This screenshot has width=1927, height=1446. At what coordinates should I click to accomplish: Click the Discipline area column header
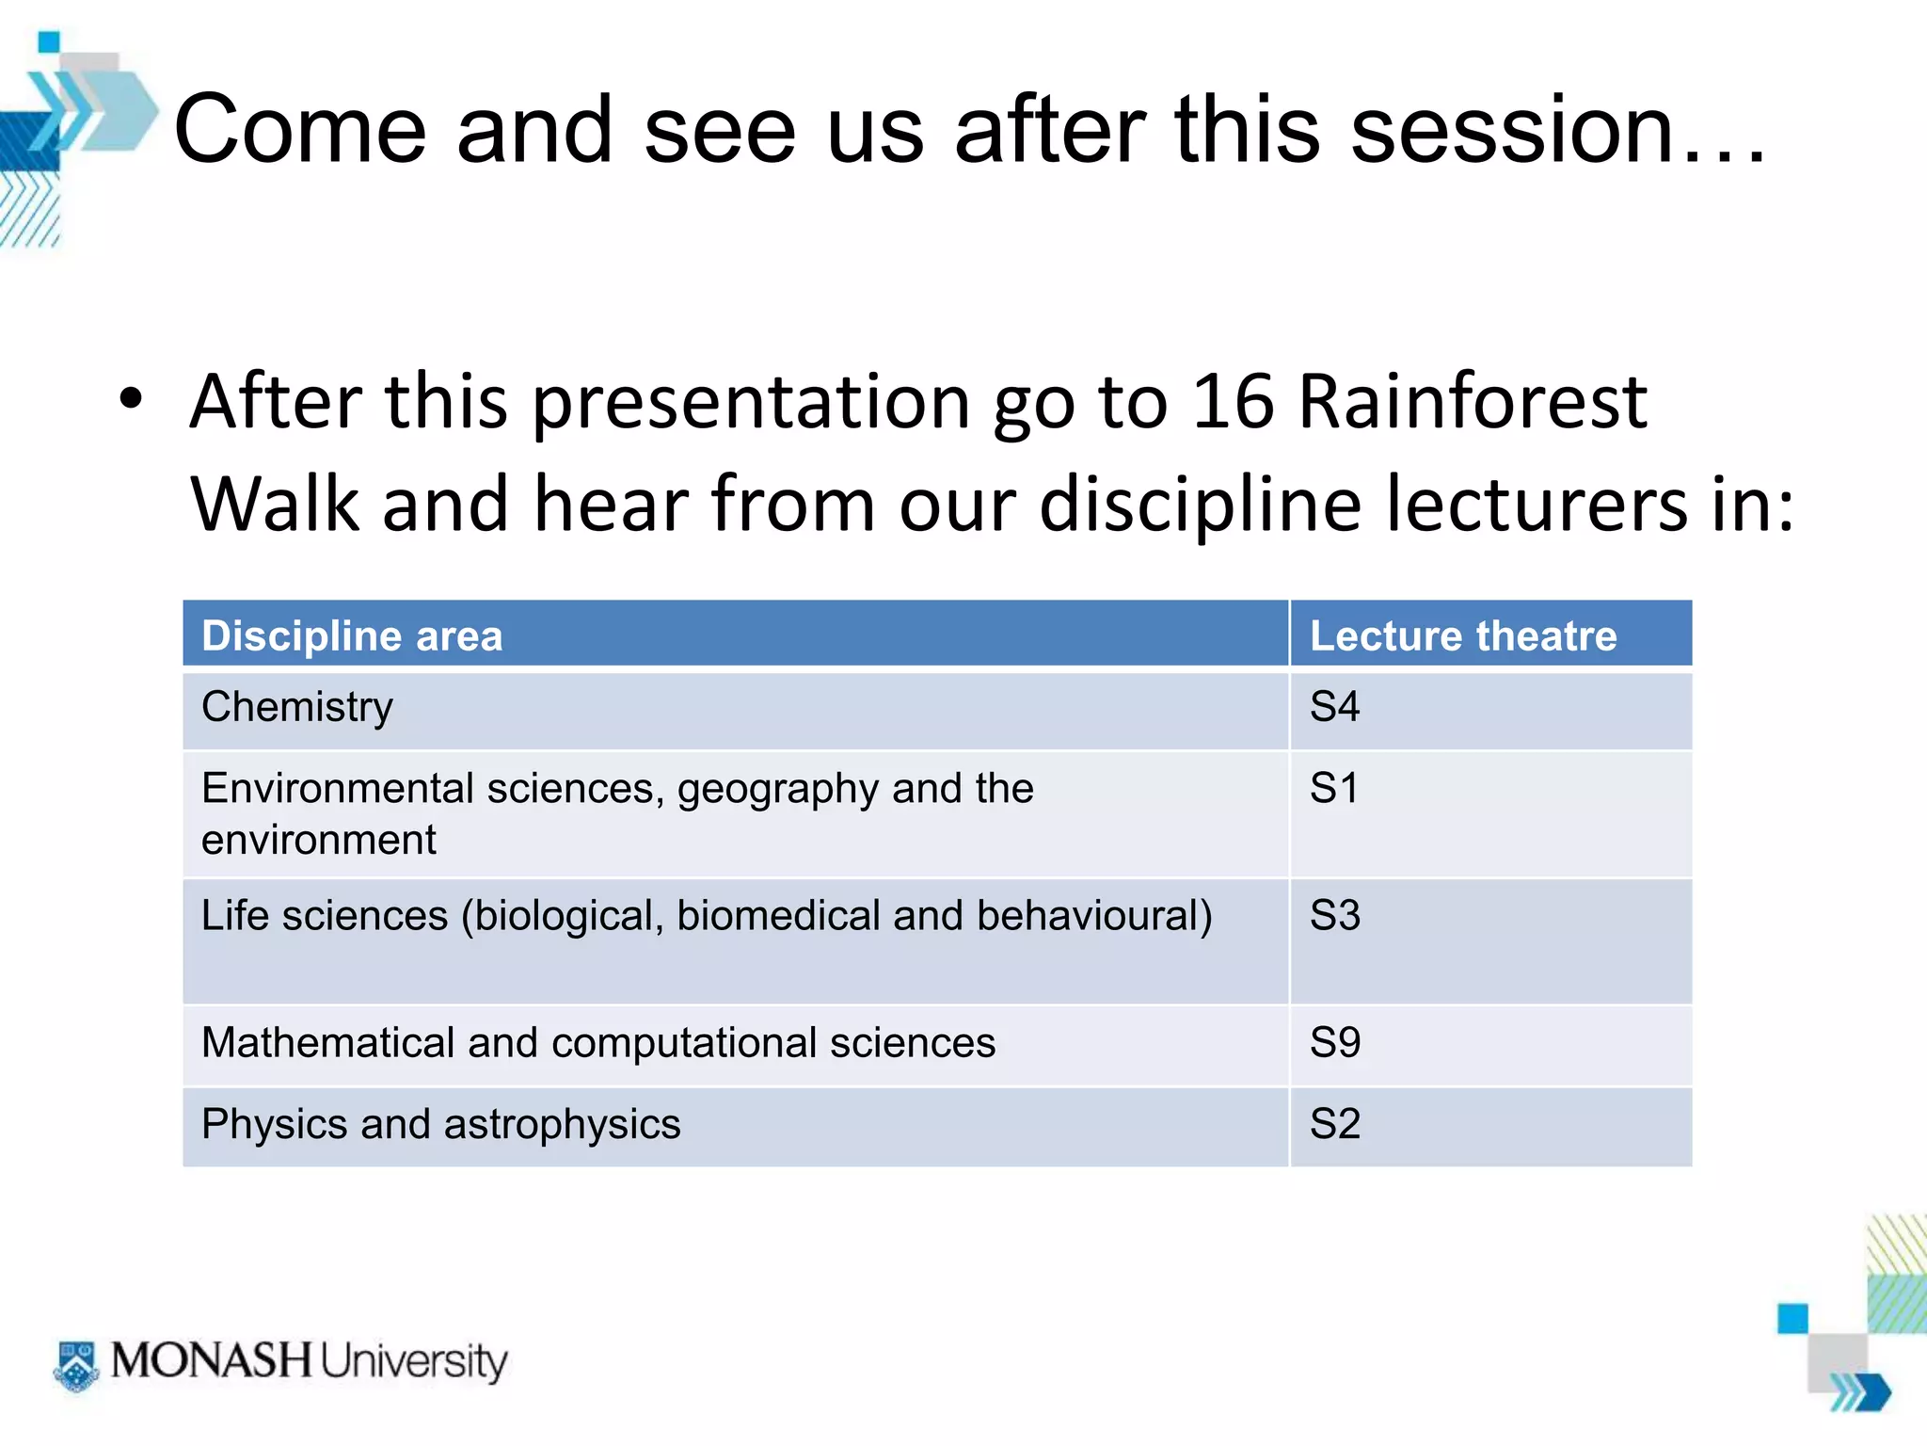point(352,636)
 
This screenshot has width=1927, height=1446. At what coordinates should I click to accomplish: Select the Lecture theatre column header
point(1463,636)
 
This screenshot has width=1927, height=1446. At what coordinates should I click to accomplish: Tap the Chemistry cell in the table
point(297,708)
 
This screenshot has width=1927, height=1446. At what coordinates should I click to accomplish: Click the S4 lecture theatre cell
point(1334,708)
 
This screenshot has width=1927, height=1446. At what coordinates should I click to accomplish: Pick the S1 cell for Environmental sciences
point(1334,789)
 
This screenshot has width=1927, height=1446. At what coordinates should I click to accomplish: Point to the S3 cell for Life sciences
point(1334,916)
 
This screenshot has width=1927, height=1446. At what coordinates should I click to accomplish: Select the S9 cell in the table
point(1334,1043)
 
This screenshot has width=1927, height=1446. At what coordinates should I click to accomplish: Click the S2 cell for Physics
point(1334,1124)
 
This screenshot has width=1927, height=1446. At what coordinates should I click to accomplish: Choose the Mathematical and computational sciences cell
point(598,1043)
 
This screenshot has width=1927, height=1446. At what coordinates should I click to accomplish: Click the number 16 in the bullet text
point(1234,403)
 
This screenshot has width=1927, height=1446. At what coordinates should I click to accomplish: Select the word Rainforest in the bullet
point(1473,403)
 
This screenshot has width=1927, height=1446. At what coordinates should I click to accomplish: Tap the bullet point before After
point(131,399)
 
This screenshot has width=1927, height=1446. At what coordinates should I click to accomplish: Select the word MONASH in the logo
point(211,1361)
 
